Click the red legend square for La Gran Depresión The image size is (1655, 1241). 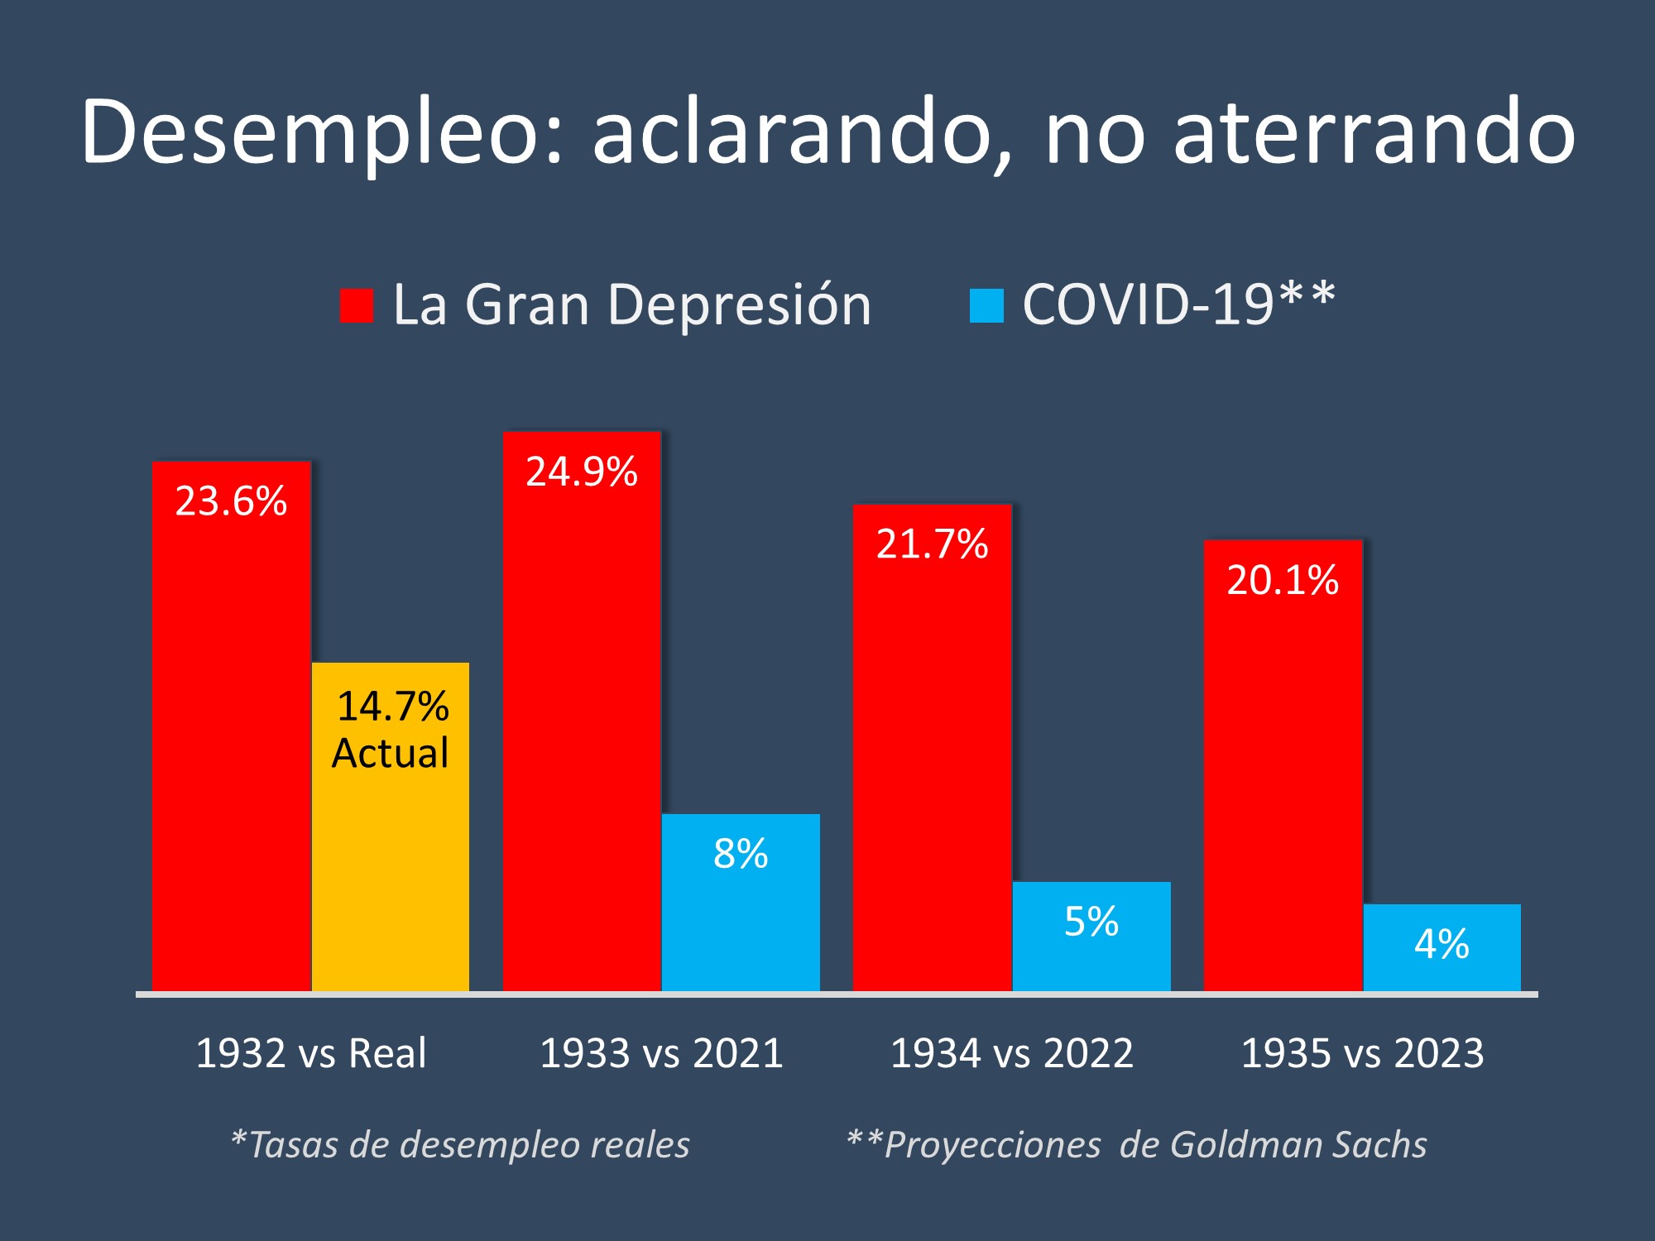pos(357,305)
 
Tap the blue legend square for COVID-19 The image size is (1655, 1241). pos(986,305)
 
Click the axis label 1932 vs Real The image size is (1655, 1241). pos(310,1053)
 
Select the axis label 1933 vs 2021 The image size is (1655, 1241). pos(661,1053)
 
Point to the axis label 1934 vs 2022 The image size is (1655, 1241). pos(1011,1053)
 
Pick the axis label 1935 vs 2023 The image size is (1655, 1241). pos(1362,1053)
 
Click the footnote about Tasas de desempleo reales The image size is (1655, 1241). pos(460,1145)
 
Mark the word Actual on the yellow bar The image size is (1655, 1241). pos(390,753)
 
